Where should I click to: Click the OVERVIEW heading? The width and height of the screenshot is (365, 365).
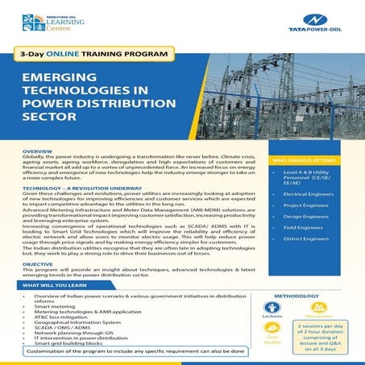pos(38,151)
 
